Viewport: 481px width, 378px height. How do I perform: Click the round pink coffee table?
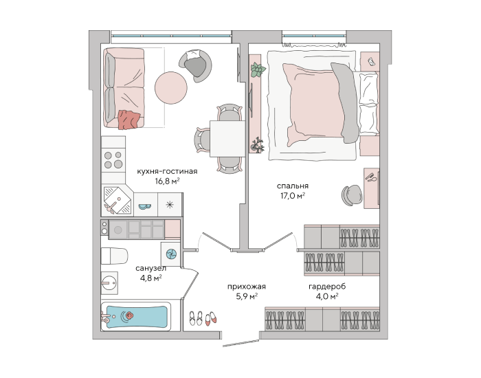tap(171, 87)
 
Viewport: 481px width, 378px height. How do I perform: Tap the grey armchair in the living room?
tap(195, 66)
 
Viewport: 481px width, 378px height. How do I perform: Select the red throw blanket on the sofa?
tap(129, 120)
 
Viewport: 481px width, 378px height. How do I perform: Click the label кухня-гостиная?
tap(167, 171)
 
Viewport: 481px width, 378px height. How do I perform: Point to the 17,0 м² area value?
tap(293, 195)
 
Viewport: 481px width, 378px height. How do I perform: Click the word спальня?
tap(293, 186)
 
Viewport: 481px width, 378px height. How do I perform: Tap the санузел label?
tap(151, 269)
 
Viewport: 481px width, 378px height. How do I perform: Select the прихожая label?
tap(246, 287)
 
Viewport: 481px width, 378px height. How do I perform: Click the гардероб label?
tap(327, 287)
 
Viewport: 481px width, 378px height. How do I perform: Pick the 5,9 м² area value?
tap(246, 296)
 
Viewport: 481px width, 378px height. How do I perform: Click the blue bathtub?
tap(136, 317)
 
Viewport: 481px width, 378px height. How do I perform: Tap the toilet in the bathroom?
tap(115, 256)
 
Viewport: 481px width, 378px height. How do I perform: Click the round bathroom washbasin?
tap(109, 282)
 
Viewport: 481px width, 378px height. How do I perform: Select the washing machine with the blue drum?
tap(171, 254)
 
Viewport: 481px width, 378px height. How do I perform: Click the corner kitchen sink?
tap(118, 200)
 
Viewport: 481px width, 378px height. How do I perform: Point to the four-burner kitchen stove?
tap(113, 160)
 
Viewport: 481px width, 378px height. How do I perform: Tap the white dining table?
tap(227, 139)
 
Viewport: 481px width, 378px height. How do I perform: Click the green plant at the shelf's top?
tap(258, 70)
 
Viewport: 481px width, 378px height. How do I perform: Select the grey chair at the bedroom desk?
tap(352, 194)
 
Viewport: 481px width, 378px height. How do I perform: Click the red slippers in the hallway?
tap(211, 318)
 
